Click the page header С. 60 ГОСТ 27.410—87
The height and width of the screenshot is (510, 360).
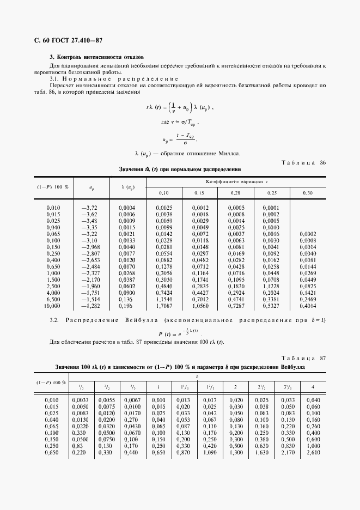click(69, 41)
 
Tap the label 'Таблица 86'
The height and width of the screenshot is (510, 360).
click(303, 162)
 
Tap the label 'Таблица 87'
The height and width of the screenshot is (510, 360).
click(303, 357)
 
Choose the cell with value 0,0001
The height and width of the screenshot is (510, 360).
click(271, 208)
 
